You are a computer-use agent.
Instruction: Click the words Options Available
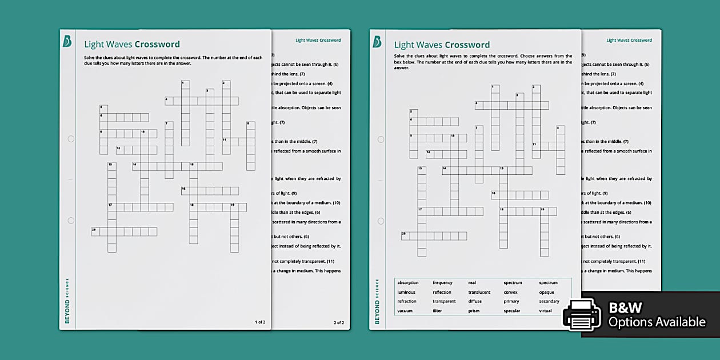click(657, 322)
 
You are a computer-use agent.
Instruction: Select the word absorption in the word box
click(407, 283)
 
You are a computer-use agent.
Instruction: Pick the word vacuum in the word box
click(405, 311)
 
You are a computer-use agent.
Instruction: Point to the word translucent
click(479, 292)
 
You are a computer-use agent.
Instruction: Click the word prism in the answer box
click(474, 311)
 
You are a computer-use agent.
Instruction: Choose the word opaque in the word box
click(546, 292)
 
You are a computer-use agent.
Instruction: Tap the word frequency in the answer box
click(442, 283)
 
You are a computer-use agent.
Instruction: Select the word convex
click(510, 292)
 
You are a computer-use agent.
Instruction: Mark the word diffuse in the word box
click(475, 301)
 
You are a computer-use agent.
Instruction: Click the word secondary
click(549, 301)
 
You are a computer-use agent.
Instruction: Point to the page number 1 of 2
click(259, 322)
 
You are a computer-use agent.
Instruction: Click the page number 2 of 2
click(339, 322)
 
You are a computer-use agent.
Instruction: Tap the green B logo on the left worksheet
click(67, 42)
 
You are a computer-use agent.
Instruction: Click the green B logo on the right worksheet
click(377, 42)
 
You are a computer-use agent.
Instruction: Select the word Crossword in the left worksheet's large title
click(157, 44)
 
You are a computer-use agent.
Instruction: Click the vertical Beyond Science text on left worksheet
click(67, 301)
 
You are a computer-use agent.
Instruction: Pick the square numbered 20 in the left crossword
click(95, 231)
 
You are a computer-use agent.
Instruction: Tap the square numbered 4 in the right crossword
click(478, 105)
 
